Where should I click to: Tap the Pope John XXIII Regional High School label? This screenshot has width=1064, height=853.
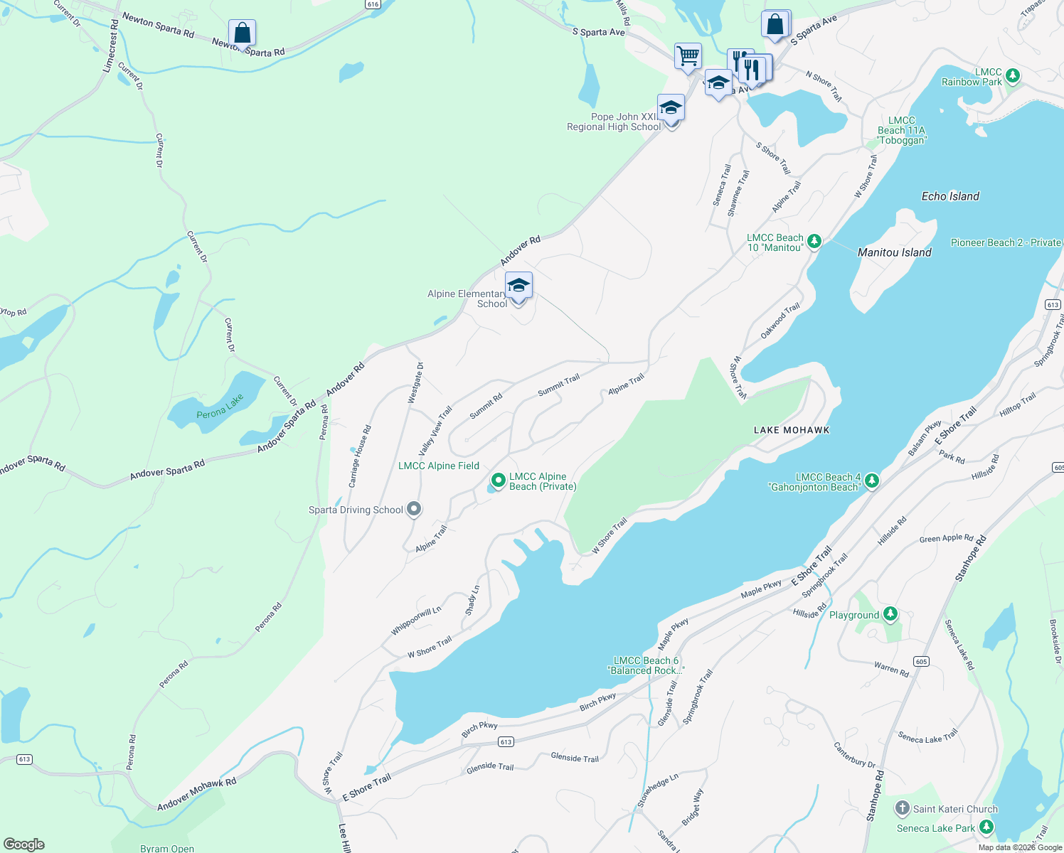tap(614, 122)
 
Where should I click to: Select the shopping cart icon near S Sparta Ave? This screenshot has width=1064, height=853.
tap(688, 56)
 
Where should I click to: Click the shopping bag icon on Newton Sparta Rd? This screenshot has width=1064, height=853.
tap(242, 33)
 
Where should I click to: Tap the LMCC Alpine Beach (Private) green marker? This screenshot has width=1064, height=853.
tap(499, 481)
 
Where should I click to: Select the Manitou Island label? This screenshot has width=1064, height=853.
tap(894, 252)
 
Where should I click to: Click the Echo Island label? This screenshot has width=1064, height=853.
tap(950, 196)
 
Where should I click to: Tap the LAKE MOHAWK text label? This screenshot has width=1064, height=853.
tap(791, 430)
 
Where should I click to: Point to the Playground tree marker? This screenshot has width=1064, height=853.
tap(890, 614)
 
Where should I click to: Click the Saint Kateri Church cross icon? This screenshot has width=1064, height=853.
tap(902, 808)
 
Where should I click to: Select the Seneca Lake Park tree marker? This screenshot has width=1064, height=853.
tap(986, 827)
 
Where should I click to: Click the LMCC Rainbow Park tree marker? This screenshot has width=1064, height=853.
tap(1014, 75)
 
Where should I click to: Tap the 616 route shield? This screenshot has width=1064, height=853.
tap(373, 4)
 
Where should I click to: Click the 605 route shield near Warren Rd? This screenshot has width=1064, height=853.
tap(921, 661)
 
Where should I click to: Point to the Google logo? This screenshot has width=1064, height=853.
tap(23, 844)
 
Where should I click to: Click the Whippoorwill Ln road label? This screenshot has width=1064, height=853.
tap(416, 621)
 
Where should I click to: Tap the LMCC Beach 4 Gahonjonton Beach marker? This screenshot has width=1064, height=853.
tap(871, 481)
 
